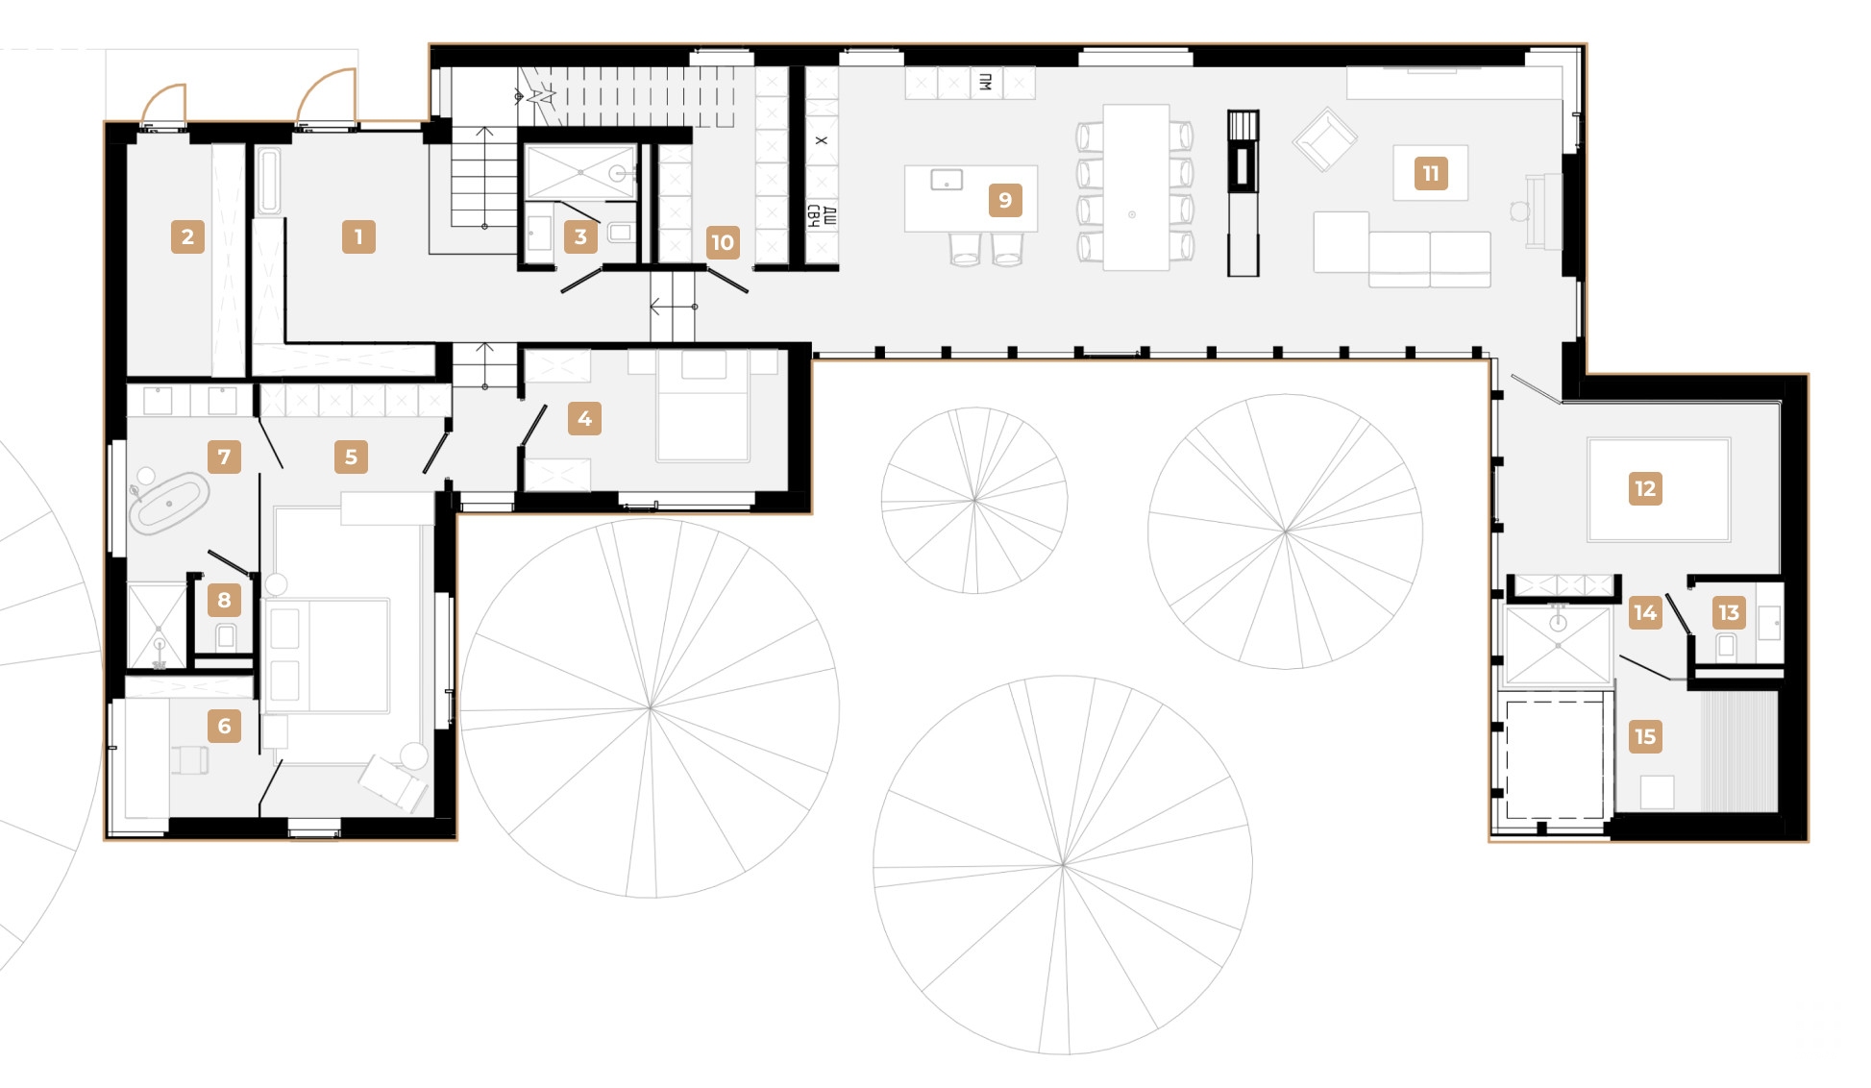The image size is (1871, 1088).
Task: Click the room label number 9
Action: [1005, 200]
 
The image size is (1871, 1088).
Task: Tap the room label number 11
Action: [1431, 173]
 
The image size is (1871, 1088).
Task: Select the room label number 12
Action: [1645, 488]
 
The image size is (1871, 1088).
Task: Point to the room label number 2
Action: [187, 236]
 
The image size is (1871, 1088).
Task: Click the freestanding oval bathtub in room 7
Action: [169, 503]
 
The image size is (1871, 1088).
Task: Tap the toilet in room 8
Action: [226, 635]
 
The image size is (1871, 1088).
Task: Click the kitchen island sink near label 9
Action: [947, 180]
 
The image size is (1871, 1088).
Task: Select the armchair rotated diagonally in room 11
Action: [1324, 139]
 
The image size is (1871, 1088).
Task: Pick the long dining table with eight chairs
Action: [1135, 187]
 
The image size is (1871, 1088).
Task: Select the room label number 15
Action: [1645, 736]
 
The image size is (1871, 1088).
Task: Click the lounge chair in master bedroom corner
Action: [394, 780]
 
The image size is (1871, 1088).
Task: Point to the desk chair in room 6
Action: [190, 759]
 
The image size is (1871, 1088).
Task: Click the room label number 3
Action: [580, 236]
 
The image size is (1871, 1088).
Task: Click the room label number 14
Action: [1645, 612]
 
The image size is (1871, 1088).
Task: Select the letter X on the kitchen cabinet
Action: [822, 140]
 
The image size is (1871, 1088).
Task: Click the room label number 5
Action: [351, 457]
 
